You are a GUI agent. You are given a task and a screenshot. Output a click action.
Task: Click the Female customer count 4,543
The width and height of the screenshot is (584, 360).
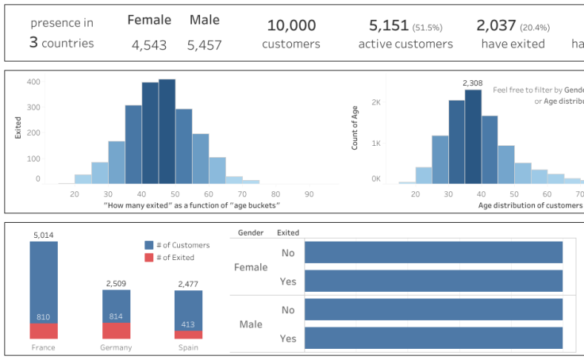point(149,45)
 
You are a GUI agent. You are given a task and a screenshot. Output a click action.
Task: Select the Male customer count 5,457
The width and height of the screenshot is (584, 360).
point(205,45)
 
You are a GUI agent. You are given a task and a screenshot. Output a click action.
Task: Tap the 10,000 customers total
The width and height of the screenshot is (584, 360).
point(291,26)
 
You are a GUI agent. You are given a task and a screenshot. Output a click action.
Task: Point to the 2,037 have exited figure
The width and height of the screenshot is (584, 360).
point(497,26)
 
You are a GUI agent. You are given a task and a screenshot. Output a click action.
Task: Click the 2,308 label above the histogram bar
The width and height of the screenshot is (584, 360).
point(473,82)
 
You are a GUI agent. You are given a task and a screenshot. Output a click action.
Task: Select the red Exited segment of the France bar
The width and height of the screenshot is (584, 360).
point(44,331)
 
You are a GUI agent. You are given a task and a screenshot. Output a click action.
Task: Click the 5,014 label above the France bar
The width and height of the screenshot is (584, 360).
point(44,235)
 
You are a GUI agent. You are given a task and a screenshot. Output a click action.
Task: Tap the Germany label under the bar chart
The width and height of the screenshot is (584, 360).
point(116,347)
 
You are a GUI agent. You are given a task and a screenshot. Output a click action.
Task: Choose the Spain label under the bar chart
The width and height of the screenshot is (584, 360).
point(188,347)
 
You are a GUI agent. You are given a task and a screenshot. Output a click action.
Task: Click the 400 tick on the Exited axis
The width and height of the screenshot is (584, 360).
point(33,82)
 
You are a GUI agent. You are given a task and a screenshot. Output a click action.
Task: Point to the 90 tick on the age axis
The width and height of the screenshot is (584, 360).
point(308,193)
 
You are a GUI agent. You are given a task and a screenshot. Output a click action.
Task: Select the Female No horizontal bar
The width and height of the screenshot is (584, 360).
point(433,252)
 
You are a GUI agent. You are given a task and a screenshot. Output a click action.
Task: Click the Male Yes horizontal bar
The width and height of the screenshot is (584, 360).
point(433,338)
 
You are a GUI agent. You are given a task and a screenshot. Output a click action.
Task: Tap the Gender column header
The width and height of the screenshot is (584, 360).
point(251,233)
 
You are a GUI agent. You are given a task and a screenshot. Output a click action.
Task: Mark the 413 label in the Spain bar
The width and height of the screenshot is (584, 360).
point(188,324)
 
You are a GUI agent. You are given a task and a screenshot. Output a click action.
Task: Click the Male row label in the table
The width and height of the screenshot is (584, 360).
point(251,324)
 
